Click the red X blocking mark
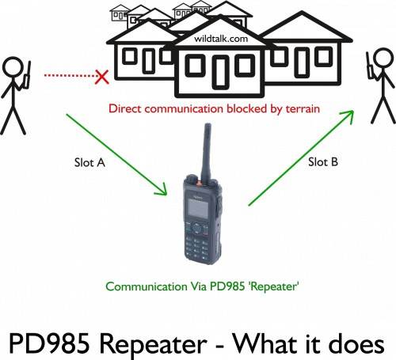click(102, 77)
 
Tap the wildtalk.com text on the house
click(221, 39)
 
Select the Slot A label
click(89, 162)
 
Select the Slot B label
click(323, 161)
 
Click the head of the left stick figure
click(12, 67)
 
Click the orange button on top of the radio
click(199, 183)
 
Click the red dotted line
click(70, 76)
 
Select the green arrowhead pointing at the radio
click(162, 190)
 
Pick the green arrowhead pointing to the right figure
click(348, 116)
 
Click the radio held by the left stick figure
click(27, 76)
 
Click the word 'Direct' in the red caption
click(125, 108)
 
